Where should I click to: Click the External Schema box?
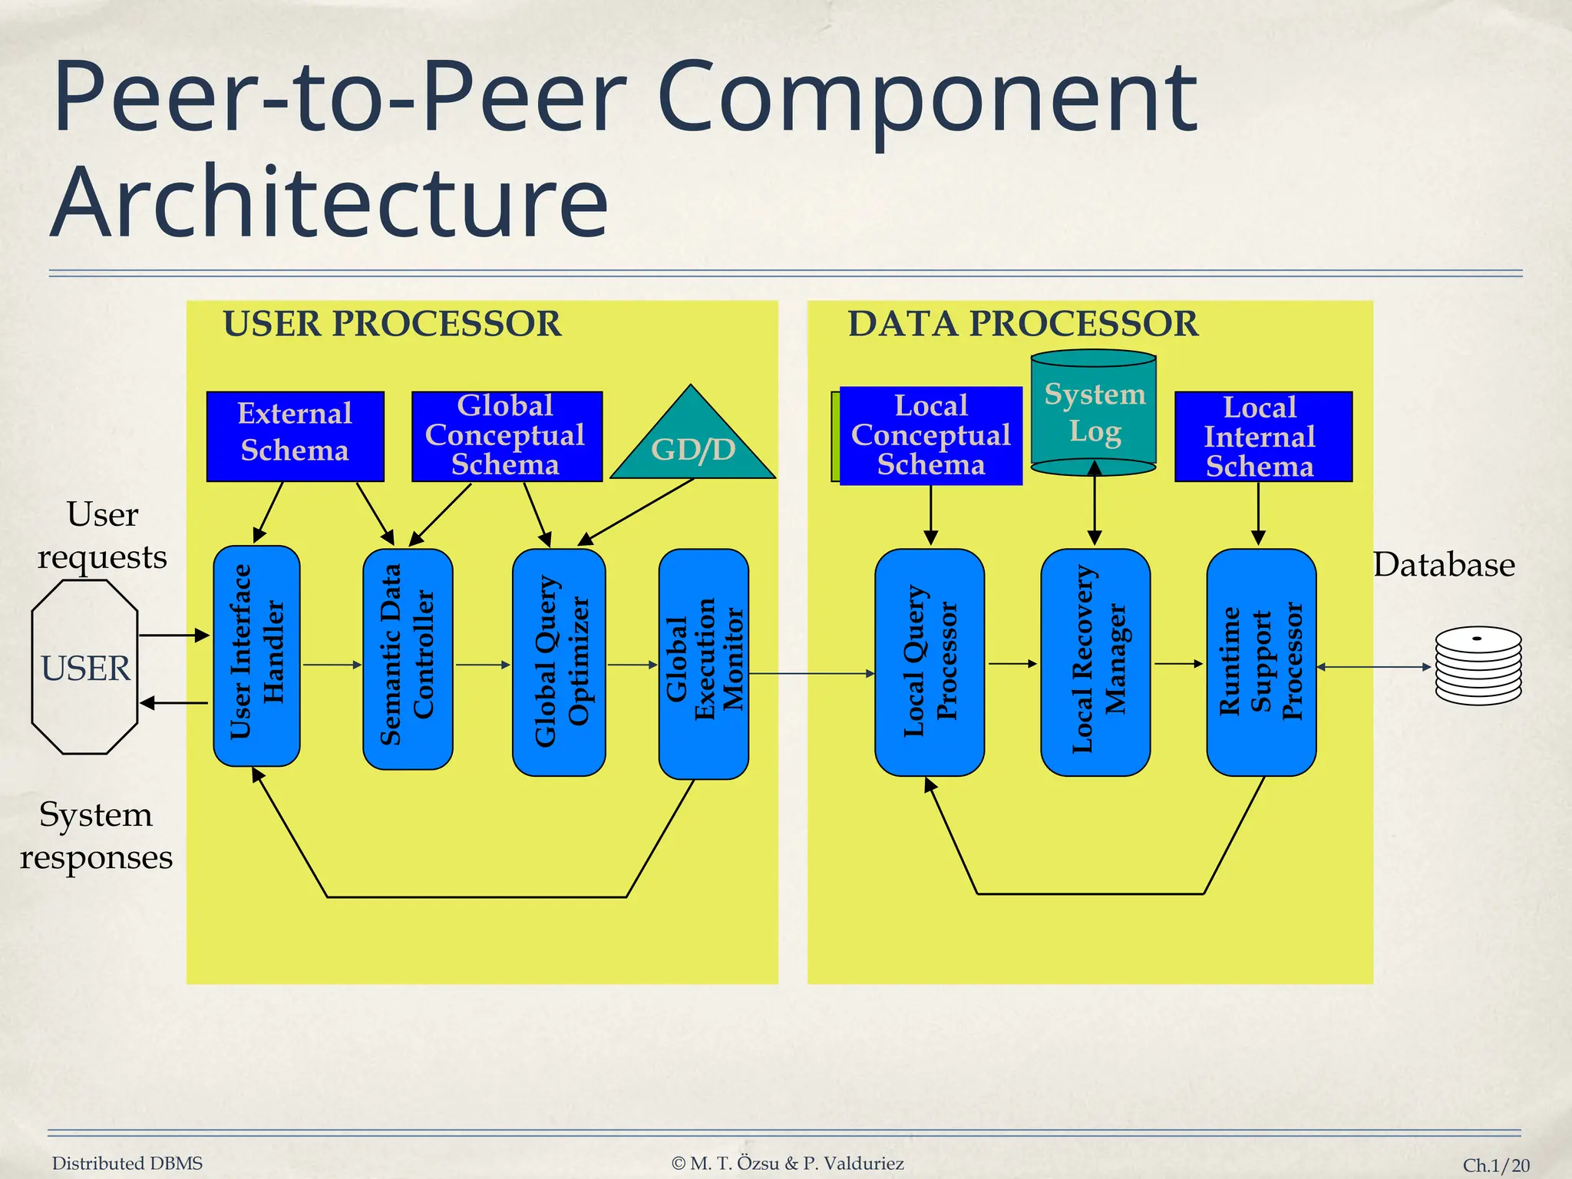(x=295, y=436)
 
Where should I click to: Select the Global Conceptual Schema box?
(x=507, y=436)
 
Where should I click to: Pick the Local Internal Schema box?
(x=1263, y=436)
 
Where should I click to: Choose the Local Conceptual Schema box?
(x=930, y=435)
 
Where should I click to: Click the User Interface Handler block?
(x=256, y=656)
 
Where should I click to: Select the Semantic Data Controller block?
(x=408, y=659)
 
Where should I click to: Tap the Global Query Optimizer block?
(x=559, y=662)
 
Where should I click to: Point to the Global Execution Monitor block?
(x=703, y=663)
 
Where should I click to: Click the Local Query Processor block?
(x=929, y=662)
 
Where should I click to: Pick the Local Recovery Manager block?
(x=1095, y=662)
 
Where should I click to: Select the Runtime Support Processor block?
(x=1261, y=662)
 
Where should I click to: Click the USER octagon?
(x=85, y=667)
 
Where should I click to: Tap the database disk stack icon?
(x=1478, y=666)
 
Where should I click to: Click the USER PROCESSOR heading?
(x=391, y=324)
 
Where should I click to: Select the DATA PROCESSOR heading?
(x=1022, y=324)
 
